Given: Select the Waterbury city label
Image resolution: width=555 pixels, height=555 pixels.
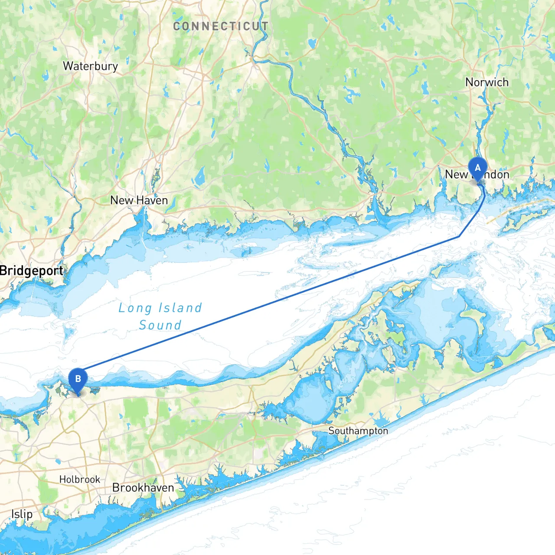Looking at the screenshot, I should click(90, 66).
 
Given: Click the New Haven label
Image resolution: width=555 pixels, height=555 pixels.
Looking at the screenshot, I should click(139, 200).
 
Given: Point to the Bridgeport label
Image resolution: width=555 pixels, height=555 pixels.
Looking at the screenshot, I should click(32, 271).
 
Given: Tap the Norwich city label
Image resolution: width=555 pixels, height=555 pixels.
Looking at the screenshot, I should click(486, 82).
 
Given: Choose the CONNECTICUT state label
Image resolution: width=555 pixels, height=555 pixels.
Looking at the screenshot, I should click(221, 26).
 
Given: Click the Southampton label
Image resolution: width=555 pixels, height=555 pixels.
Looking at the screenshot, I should click(358, 431).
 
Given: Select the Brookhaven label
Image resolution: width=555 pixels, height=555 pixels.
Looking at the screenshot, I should click(143, 488).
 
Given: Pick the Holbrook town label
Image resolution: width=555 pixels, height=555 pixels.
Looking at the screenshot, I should click(80, 480).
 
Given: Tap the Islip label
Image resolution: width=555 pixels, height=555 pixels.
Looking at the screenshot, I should click(22, 514).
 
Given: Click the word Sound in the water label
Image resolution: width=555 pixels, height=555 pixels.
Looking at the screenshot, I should click(160, 325).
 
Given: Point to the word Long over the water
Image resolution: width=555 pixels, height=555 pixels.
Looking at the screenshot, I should click(135, 308).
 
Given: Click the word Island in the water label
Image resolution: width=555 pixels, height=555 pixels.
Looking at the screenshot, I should click(180, 308).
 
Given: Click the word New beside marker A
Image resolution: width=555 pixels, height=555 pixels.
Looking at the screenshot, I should click(456, 174).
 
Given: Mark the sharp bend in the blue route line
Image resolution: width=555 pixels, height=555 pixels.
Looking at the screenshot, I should click(459, 237).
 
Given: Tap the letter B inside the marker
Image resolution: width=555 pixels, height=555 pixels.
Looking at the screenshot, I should click(78, 379).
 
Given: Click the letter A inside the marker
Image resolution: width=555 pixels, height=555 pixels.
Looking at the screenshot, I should click(478, 168).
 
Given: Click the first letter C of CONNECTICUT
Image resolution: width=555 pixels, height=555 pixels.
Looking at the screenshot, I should click(176, 26).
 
